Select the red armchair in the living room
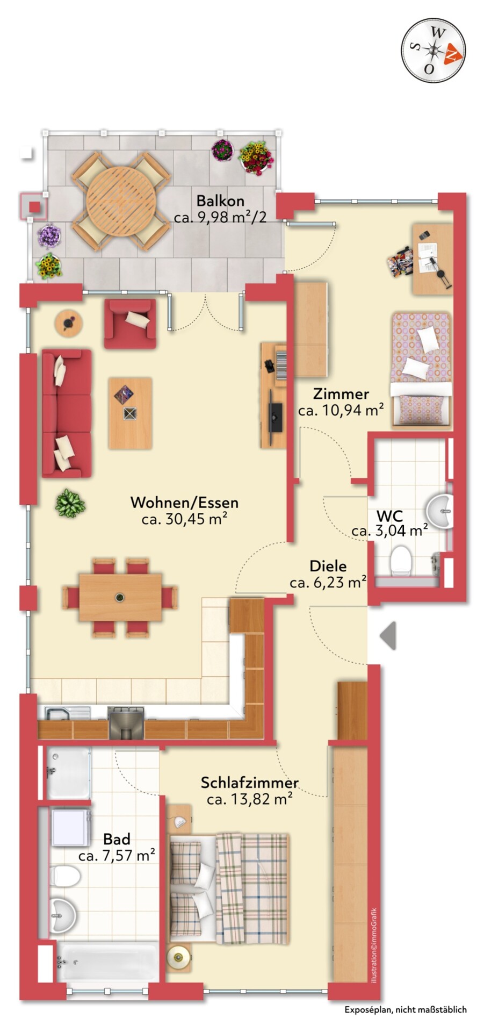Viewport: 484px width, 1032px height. click(x=131, y=324)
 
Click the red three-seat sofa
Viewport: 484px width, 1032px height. click(x=67, y=413)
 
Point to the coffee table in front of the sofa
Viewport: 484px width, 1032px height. click(x=130, y=413)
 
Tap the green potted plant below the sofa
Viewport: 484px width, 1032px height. click(x=70, y=504)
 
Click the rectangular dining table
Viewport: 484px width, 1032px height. click(x=120, y=597)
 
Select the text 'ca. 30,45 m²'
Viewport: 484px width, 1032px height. click(x=184, y=519)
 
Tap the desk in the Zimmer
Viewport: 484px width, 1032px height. click(x=432, y=259)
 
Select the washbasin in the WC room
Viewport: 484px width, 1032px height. click(x=440, y=511)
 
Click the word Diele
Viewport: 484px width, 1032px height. click(x=328, y=566)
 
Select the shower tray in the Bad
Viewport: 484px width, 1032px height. click(x=68, y=773)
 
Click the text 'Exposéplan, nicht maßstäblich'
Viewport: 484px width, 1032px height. click(x=406, y=1010)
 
